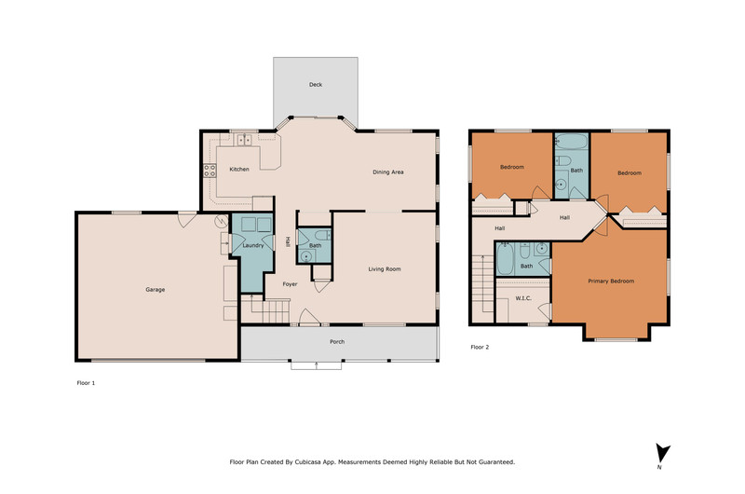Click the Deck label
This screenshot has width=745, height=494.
click(316, 85)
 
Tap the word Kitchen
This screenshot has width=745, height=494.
click(239, 170)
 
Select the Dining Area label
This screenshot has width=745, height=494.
click(388, 172)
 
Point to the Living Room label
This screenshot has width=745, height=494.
click(385, 269)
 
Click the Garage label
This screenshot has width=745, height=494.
click(156, 290)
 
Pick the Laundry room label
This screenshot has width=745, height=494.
click(252, 245)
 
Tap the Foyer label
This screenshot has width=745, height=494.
click(290, 284)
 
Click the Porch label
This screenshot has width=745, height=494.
click(337, 342)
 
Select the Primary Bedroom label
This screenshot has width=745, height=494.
click(611, 281)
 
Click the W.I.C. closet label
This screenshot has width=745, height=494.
click(523, 298)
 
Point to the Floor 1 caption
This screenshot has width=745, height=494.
click(86, 383)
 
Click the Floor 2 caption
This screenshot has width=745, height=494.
click(480, 347)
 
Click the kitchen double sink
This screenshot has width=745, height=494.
click(245, 140)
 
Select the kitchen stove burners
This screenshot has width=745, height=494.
click(210, 171)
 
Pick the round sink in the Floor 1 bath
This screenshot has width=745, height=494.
click(305, 256)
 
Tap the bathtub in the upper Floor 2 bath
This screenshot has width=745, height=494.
click(572, 142)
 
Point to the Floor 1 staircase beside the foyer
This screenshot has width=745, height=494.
click(265, 309)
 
